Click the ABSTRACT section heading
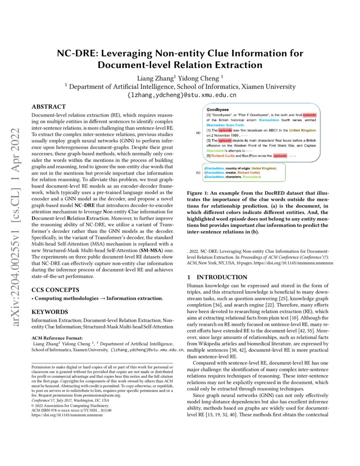(x=49, y=107)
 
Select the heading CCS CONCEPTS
(x=55, y=290)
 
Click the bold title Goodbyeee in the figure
(x=218, y=109)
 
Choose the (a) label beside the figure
(x=198, y=133)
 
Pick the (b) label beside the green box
(x=198, y=173)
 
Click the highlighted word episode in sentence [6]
(x=280, y=156)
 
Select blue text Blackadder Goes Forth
(x=226, y=125)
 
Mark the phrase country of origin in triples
(x=239, y=169)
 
